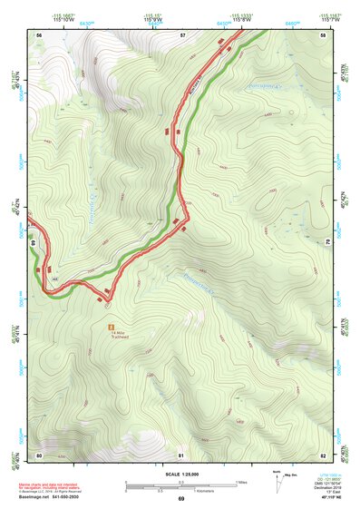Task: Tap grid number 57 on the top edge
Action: click(x=182, y=34)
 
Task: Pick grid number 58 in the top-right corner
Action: click(x=323, y=34)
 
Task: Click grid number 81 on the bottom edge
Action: click(x=181, y=455)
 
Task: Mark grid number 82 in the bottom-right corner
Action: click(x=323, y=455)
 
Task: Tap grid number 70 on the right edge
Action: click(x=327, y=242)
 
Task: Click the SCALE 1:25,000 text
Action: click(x=180, y=474)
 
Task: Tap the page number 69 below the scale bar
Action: click(x=180, y=499)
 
